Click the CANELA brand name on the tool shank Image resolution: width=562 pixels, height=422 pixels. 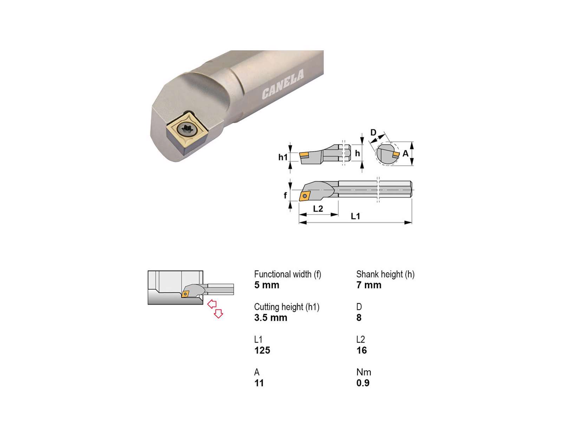pyautogui.click(x=283, y=84)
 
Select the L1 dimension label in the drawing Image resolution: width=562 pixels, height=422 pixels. pyautogui.click(x=355, y=216)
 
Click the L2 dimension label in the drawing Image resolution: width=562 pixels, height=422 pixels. pyautogui.click(x=318, y=209)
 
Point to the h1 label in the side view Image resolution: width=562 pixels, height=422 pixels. pyautogui.click(x=283, y=157)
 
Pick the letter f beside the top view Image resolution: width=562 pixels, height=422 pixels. pyautogui.click(x=285, y=195)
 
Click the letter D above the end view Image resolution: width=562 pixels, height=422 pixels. pyautogui.click(x=373, y=133)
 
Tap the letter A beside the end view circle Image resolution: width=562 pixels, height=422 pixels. pyautogui.click(x=405, y=153)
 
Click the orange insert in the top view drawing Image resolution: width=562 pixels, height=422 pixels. pyautogui.click(x=305, y=196)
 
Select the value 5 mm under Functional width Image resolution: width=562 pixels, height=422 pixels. pyautogui.click(x=267, y=285)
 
